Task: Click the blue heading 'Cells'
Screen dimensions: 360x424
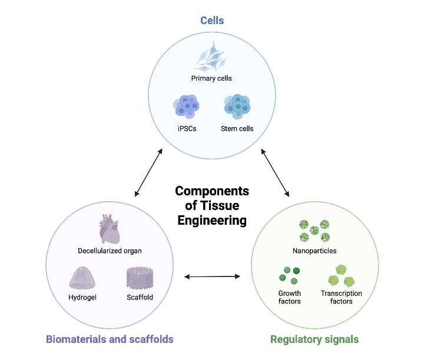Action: [x=212, y=21]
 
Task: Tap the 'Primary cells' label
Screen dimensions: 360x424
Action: [x=211, y=78]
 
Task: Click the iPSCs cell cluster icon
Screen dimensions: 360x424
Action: [x=186, y=106]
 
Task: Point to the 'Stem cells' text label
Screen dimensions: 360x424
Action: [x=237, y=128]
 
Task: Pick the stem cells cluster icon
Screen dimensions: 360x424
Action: [x=237, y=106]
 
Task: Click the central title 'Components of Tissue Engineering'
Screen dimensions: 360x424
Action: [x=212, y=206]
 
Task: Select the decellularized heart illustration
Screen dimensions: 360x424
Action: [x=110, y=229]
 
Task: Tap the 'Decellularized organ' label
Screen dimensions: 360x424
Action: [x=110, y=251]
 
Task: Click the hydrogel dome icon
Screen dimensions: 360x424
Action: [x=82, y=278]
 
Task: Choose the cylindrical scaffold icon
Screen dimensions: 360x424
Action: [x=140, y=278]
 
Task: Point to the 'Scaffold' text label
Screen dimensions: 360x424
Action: [x=140, y=297]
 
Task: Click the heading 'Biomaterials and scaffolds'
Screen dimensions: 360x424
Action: [x=110, y=339]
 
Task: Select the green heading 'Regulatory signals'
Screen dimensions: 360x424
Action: [x=314, y=339]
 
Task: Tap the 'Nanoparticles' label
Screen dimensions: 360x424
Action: [x=314, y=251]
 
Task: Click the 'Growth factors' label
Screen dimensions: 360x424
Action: [x=289, y=297]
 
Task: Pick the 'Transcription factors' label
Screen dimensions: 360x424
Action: [x=341, y=297]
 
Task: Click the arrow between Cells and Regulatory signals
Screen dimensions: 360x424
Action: [x=275, y=172]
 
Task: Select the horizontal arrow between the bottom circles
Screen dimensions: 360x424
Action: [x=212, y=276]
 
